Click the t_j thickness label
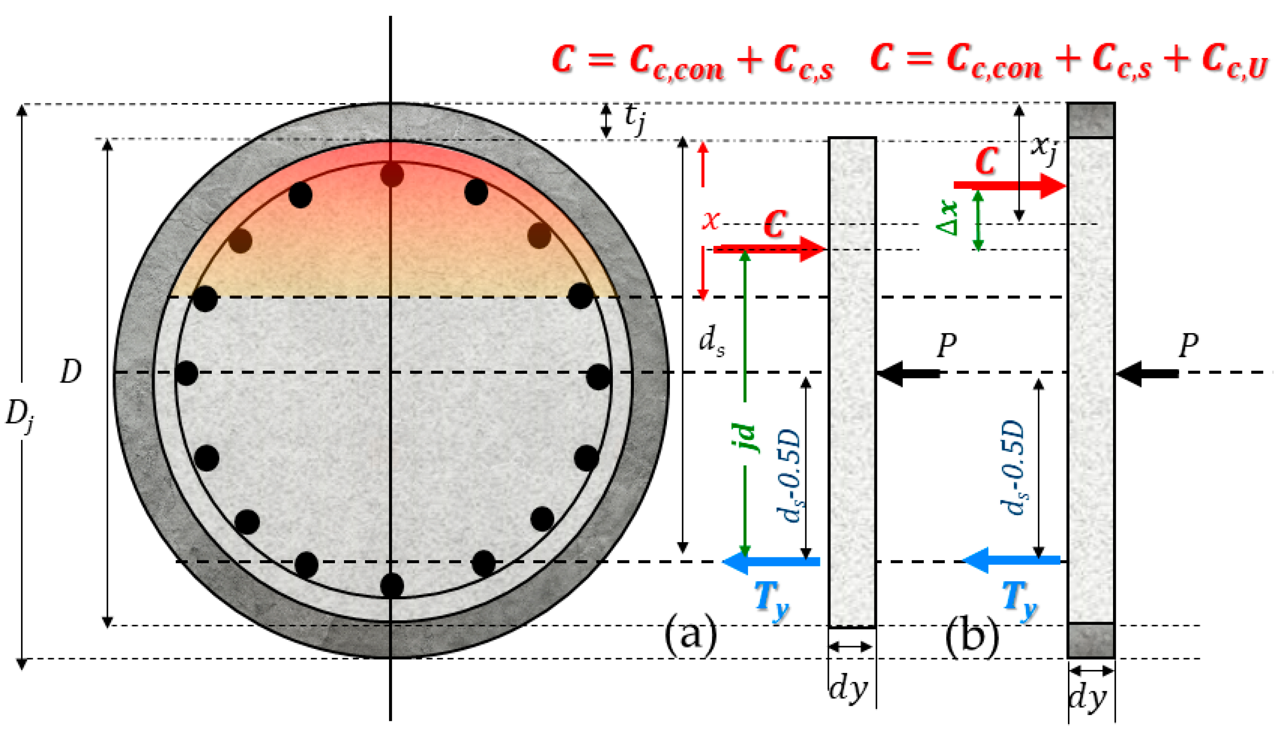tap(634, 119)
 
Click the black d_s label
tap(712, 341)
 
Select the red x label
tap(711, 220)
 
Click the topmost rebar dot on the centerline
tap(392, 175)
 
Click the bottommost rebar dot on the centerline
tap(392, 585)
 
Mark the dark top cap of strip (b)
tap(1091, 120)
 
